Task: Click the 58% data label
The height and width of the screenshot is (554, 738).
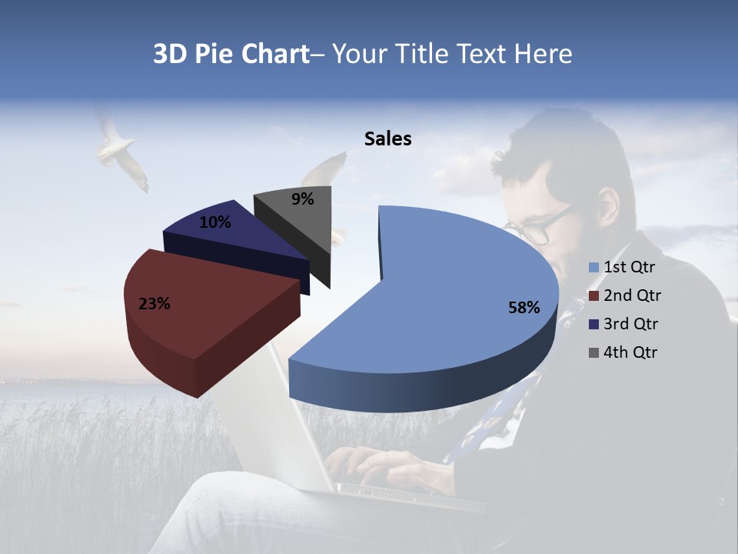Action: click(x=524, y=308)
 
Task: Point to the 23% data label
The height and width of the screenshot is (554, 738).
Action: click(x=154, y=304)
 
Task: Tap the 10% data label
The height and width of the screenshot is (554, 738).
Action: click(x=214, y=222)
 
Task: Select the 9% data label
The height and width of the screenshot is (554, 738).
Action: click(x=303, y=199)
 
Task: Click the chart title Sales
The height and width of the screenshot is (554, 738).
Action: click(x=387, y=138)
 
